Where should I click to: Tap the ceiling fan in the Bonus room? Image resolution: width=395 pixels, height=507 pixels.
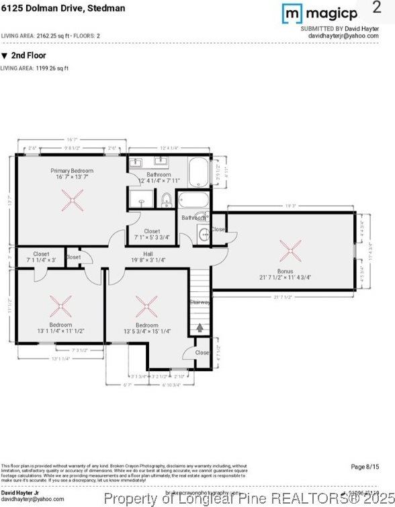tap(291, 251)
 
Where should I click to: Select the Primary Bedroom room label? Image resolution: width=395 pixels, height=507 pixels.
tap(72, 171)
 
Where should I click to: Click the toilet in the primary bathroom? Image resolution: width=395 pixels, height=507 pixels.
tap(166, 200)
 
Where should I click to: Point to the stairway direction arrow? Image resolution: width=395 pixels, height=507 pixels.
tap(200, 328)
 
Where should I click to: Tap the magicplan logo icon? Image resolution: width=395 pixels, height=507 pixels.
tap(292, 13)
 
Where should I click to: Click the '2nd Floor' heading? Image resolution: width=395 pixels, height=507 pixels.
tap(24, 56)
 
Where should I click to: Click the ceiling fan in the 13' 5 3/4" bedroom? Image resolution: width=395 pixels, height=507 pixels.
tap(146, 307)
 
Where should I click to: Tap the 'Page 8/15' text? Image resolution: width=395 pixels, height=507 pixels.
tap(365, 467)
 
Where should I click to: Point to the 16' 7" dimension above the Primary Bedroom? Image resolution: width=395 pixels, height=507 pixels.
tap(72, 140)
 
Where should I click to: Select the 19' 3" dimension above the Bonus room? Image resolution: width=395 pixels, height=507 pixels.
tap(290, 206)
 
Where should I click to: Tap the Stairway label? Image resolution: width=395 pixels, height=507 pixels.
tap(200, 302)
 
